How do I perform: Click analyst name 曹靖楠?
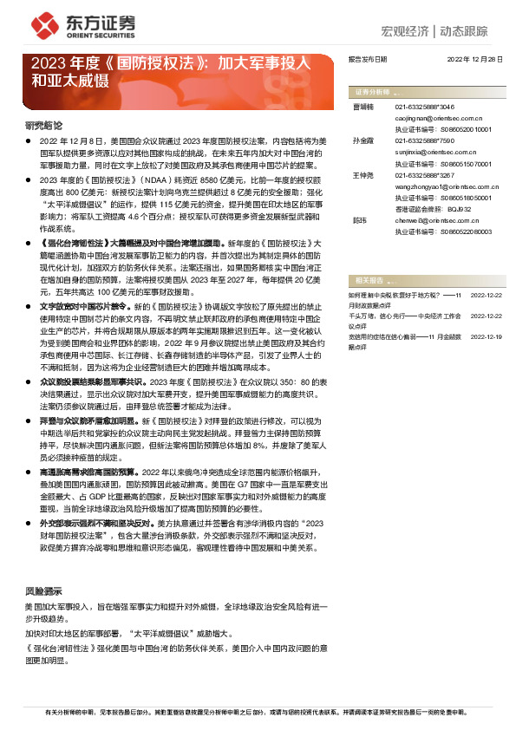(x=363, y=105)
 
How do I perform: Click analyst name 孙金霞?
(x=363, y=140)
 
